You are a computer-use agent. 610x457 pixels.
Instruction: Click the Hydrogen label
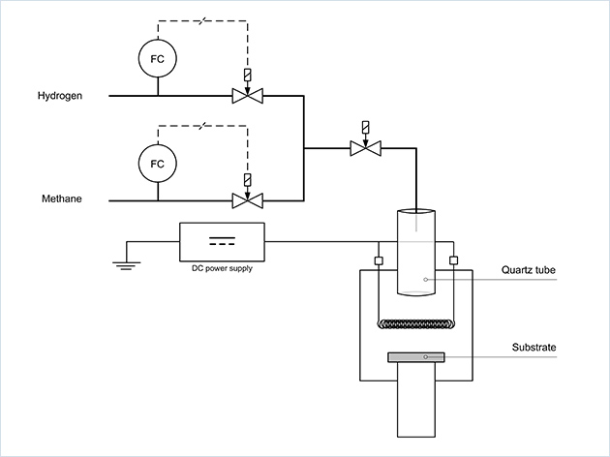[60, 96]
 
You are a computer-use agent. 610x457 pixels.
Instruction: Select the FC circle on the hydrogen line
[158, 59]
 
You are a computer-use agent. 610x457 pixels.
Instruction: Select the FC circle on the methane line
[158, 163]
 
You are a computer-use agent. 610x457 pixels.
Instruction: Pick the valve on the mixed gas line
[365, 148]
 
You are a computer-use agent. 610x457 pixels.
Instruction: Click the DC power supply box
[222, 241]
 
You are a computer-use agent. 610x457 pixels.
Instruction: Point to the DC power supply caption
[222, 268]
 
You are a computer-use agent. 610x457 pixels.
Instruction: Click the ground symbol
[123, 260]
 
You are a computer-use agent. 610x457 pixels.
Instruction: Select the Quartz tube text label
[529, 270]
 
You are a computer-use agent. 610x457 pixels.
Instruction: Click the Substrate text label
[534, 347]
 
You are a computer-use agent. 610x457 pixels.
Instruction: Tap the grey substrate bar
[416, 357]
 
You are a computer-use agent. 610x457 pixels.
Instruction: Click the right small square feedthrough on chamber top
[453, 260]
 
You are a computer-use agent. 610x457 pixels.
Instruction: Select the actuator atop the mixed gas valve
[365, 127]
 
